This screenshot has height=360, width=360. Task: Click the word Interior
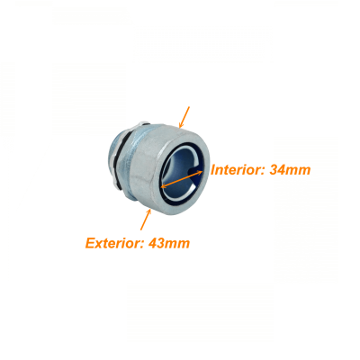pyautogui.click(x=235, y=170)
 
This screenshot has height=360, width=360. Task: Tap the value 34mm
pyautogui.click(x=290, y=170)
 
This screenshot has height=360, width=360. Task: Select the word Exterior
pyautogui.click(x=112, y=243)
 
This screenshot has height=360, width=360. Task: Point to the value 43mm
pyautogui.click(x=169, y=243)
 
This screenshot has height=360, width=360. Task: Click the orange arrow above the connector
pyautogui.click(x=184, y=117)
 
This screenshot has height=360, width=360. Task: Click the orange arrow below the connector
pyautogui.click(x=146, y=220)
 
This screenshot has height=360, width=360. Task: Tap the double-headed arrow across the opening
pyautogui.click(x=182, y=179)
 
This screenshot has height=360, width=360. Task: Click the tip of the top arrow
pyautogui.click(x=179, y=128)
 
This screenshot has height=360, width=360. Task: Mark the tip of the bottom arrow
pyautogui.click(x=150, y=209)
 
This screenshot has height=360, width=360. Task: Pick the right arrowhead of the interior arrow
pyautogui.click(x=200, y=172)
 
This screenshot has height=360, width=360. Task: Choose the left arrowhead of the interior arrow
pyautogui.click(x=163, y=186)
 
